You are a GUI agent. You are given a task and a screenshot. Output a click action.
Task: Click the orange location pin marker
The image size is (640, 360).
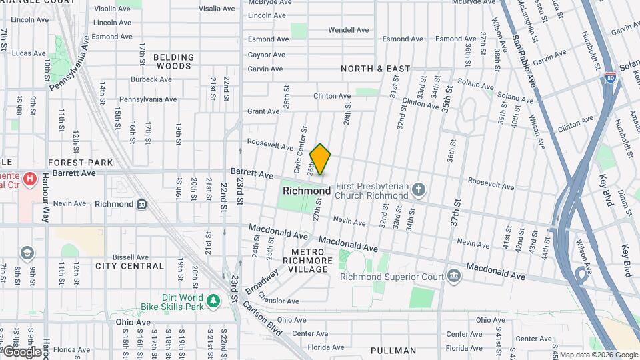click(320, 159)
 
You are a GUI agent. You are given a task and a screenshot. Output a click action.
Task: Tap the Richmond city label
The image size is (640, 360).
click(306, 191)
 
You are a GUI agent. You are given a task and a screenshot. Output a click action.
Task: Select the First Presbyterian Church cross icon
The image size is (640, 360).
click(418, 191)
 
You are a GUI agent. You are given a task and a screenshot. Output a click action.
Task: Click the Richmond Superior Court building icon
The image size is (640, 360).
click(453, 276)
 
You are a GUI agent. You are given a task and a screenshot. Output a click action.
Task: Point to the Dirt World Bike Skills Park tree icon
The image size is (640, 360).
click(213, 301)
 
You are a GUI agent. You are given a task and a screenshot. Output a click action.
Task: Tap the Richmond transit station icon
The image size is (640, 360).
click(141, 205)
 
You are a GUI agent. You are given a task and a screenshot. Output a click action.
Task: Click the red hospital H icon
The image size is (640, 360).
click(29, 179)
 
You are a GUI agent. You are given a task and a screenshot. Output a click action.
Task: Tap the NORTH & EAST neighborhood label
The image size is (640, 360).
click(375, 69)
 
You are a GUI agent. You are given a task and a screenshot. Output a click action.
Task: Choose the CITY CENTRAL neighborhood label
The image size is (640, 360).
click(129, 266)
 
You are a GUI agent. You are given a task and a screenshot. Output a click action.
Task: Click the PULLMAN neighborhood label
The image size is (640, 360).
click(393, 351)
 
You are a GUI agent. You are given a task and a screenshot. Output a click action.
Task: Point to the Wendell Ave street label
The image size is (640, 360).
click(348, 30)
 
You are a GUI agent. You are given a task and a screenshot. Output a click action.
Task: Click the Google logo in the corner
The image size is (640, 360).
click(21, 351)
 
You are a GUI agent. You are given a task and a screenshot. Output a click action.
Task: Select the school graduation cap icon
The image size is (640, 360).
click(27, 253)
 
